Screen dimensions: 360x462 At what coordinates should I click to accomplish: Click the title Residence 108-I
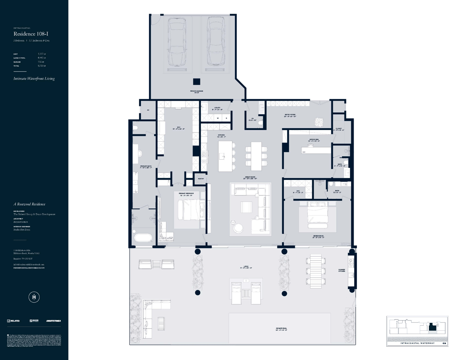click(31, 34)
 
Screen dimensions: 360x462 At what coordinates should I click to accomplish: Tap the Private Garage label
click(196, 92)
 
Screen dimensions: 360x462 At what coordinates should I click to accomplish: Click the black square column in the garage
click(196, 82)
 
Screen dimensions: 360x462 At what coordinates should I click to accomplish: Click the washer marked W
click(218, 118)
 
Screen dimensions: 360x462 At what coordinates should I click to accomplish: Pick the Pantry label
click(201, 179)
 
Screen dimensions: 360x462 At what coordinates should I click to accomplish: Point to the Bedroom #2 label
click(318, 237)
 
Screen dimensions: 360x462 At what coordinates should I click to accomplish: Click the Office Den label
click(314, 140)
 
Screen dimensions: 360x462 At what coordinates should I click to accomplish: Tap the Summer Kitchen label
click(341, 270)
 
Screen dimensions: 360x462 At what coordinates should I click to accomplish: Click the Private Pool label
click(281, 329)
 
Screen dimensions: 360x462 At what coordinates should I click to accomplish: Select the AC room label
click(148, 110)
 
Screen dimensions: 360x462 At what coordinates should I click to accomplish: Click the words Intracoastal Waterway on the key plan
click(417, 343)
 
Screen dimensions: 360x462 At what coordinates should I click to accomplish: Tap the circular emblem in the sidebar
click(34, 297)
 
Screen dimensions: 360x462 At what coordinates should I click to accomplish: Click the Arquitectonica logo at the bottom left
click(53, 321)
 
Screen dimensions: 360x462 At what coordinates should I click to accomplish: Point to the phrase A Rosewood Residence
click(29, 204)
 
